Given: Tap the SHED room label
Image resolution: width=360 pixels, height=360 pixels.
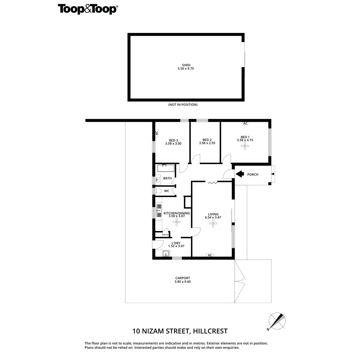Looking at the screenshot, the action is pos(186,65).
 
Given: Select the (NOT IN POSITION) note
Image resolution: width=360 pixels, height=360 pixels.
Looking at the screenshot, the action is pos(183,105).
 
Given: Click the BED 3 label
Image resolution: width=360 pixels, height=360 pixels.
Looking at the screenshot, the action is pos(173,140).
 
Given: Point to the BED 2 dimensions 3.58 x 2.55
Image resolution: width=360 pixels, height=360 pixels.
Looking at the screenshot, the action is pos(207,143).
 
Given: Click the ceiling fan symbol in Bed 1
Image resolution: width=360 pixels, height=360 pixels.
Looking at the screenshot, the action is pos(245,146).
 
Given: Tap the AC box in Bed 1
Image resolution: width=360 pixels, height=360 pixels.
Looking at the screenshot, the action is pos(245,123).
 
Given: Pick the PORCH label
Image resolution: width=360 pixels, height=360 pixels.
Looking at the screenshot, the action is pos(253,174).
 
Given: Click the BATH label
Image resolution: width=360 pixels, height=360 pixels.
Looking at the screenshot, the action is pos(167,178).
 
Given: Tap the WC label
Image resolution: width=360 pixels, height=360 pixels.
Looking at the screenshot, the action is pos(166,191).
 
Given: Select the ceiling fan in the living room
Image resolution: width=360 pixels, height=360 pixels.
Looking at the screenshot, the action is pos(213,223).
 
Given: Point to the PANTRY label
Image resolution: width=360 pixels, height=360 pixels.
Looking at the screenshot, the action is pos(165,235).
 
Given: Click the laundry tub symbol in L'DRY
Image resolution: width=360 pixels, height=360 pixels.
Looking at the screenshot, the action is pos(166,254).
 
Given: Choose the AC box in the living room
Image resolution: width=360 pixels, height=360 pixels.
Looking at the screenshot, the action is pos(210,255).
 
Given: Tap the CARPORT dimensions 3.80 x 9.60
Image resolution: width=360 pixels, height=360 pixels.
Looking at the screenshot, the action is pos(183,282).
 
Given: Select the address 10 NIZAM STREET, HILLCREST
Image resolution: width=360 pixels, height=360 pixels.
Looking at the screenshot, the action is pos(180,331).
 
